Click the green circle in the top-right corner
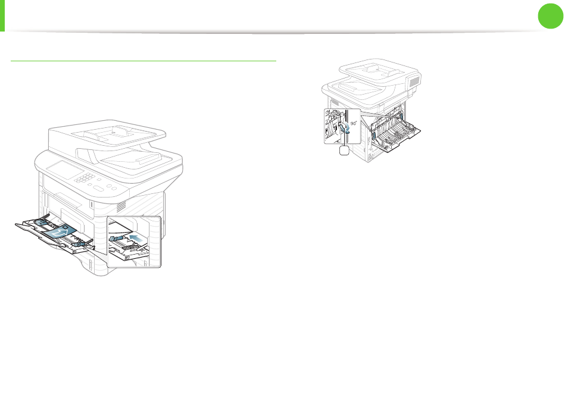(x=550, y=16)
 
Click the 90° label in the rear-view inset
(x=354, y=123)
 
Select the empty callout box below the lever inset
(x=344, y=151)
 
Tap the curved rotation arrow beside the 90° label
(x=347, y=127)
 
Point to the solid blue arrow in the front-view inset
(x=136, y=238)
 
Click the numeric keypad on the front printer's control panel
(x=84, y=178)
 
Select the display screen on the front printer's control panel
(x=65, y=170)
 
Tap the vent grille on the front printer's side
(x=121, y=206)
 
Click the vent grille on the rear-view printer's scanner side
(x=415, y=81)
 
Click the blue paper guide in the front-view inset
(x=115, y=238)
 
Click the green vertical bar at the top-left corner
(x=2, y=15)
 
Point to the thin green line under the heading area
(x=143, y=61)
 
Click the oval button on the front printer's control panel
(x=98, y=188)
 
